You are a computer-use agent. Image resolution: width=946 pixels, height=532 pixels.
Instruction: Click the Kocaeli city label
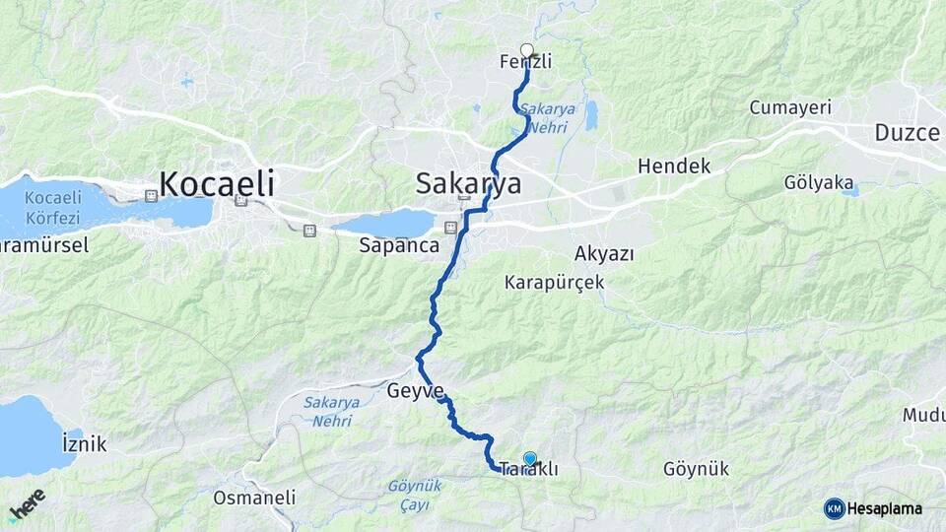(x=216, y=183)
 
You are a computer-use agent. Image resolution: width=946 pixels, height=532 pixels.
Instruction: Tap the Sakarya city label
(x=468, y=183)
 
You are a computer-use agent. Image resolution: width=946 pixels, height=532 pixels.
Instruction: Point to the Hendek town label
(x=674, y=166)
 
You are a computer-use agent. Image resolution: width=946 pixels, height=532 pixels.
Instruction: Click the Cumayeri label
(x=790, y=106)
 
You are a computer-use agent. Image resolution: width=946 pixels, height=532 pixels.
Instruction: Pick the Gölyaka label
(x=817, y=183)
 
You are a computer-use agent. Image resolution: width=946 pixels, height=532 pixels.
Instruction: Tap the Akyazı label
(x=604, y=253)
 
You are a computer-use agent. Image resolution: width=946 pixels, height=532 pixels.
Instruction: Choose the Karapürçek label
(x=554, y=283)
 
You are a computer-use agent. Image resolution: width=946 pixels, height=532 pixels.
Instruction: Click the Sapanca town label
(x=398, y=246)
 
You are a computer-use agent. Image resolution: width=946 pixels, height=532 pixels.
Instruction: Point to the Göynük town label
(x=697, y=469)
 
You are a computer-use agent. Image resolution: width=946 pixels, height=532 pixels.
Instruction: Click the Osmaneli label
(x=254, y=498)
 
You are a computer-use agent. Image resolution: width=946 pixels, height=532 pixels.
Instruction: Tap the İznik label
(x=84, y=443)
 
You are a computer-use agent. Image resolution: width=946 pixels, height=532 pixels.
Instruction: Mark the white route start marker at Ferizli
(x=526, y=50)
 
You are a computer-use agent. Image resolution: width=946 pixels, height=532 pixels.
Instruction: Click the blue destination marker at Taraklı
(x=530, y=458)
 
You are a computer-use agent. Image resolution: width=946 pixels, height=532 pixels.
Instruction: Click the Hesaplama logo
(x=874, y=508)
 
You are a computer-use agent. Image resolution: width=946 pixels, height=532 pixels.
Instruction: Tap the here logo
(x=27, y=504)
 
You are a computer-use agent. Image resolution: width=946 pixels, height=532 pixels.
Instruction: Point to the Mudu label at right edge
(x=923, y=416)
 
